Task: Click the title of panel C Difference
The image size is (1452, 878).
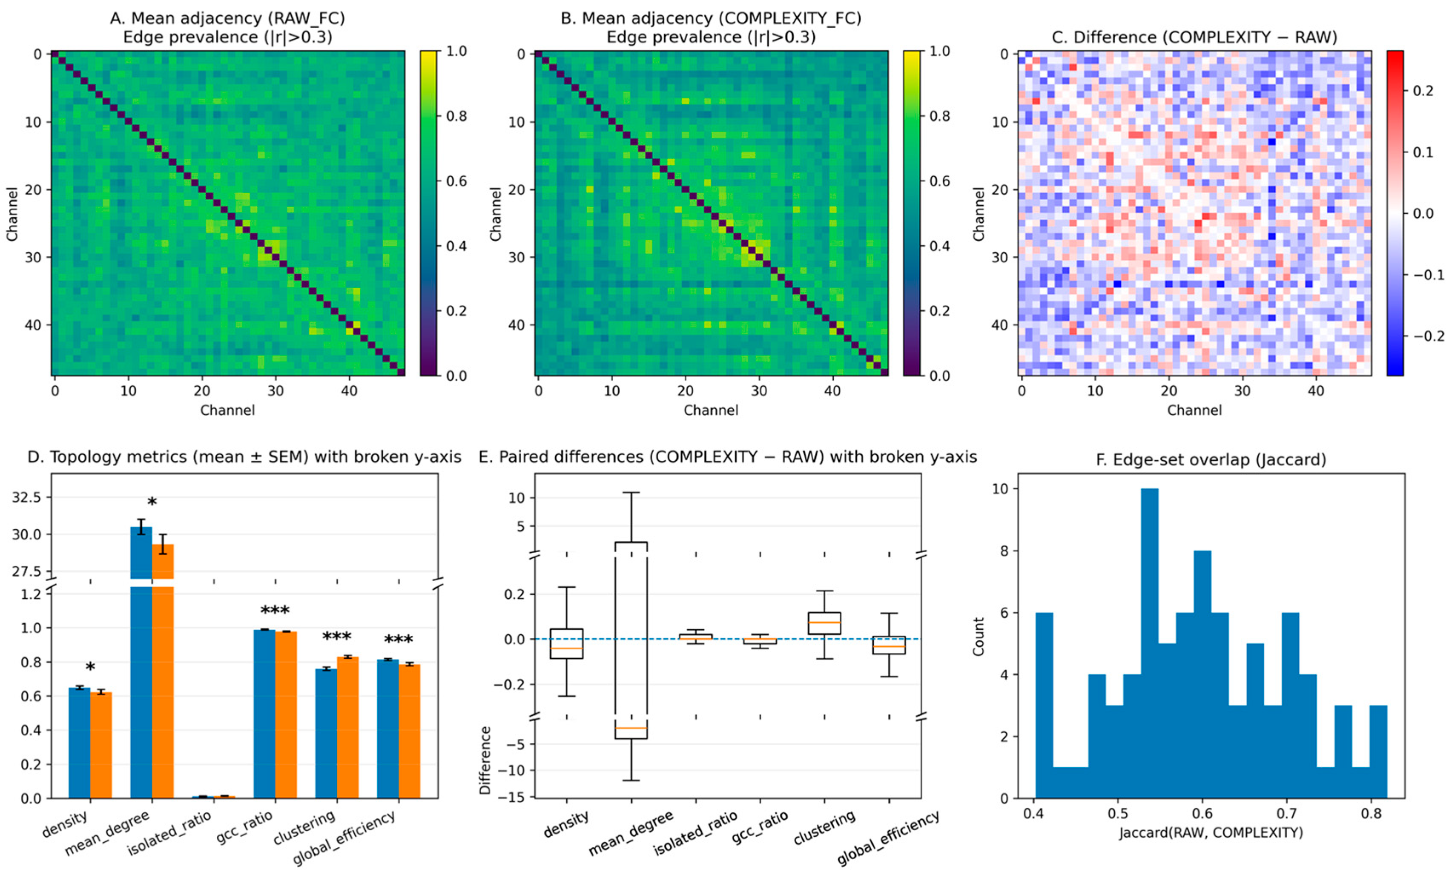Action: (1194, 37)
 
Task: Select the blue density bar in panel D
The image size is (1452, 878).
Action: (80, 743)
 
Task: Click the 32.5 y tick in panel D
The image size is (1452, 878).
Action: (26, 497)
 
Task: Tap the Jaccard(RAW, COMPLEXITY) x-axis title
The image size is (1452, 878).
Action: (1211, 832)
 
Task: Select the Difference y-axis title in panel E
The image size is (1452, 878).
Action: (485, 760)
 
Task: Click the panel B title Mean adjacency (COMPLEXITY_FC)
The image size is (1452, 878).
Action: (711, 19)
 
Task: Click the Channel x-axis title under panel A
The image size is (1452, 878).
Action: (227, 410)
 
